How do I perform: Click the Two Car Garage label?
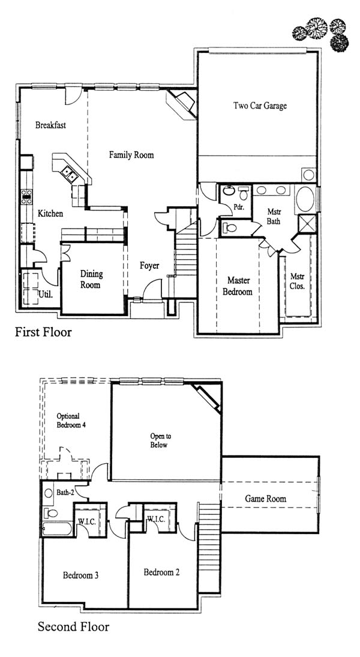point(260,106)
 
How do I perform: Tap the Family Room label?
point(131,155)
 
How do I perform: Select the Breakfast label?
point(50,125)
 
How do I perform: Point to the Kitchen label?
point(50,214)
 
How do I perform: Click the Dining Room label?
point(91,280)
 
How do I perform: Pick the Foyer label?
point(149,266)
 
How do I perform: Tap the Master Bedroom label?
point(237,286)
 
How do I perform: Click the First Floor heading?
point(43,332)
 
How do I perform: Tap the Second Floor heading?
point(73,627)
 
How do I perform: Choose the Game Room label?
point(266,499)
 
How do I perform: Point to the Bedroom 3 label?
point(80,575)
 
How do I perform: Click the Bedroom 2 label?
point(161,572)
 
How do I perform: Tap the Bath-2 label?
point(65,493)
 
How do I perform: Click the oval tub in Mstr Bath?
point(305,199)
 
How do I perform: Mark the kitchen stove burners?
point(26,197)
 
